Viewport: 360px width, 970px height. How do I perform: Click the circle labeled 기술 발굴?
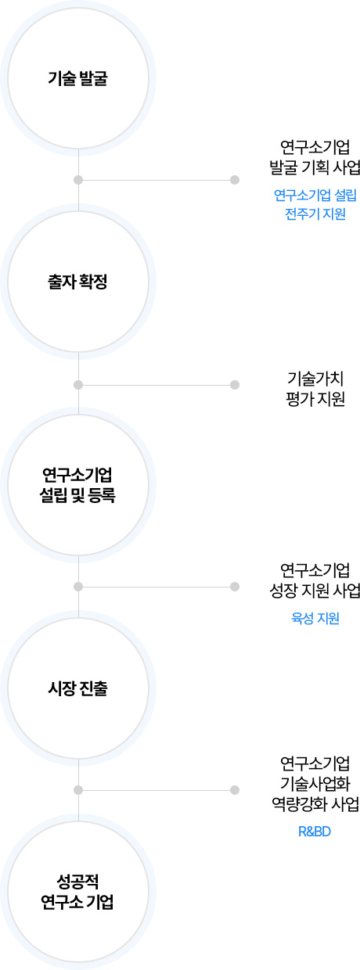(x=78, y=78)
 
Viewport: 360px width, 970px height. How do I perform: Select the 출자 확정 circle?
(x=78, y=282)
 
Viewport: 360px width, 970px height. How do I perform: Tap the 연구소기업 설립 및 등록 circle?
(x=78, y=485)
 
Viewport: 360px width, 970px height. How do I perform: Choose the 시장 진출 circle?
(x=78, y=688)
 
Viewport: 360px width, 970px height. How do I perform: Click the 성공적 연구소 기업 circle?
(x=78, y=891)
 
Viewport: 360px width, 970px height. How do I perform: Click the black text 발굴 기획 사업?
(x=315, y=167)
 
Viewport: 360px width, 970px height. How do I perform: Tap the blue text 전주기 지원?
(x=315, y=214)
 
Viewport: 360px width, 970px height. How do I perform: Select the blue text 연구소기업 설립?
(x=315, y=196)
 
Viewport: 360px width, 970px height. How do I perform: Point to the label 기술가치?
(x=315, y=379)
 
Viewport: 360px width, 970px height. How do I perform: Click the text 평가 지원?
(x=315, y=399)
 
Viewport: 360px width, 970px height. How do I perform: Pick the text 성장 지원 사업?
(x=315, y=591)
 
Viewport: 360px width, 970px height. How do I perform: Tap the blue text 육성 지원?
(x=315, y=618)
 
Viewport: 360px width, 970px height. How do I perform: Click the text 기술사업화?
(x=315, y=783)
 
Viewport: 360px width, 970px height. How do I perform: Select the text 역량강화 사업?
(x=315, y=803)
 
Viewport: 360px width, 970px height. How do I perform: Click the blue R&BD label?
(x=315, y=832)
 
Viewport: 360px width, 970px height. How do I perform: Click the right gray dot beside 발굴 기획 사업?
(x=235, y=180)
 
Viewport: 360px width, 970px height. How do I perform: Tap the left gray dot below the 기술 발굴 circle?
(x=78, y=180)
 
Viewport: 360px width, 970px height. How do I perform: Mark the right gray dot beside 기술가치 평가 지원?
(x=235, y=385)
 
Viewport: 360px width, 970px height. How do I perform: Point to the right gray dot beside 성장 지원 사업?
(x=235, y=587)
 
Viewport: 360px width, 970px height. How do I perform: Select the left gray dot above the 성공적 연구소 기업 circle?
(x=78, y=790)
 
